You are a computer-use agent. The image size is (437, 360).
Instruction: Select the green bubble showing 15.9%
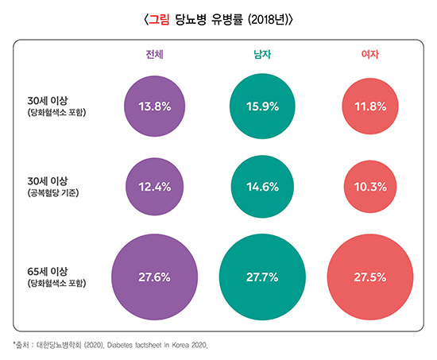click(262, 106)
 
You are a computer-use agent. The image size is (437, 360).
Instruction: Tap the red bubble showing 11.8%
click(369, 106)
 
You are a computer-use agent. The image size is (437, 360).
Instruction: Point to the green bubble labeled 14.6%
click(262, 187)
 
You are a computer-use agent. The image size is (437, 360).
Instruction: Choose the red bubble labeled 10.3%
click(369, 187)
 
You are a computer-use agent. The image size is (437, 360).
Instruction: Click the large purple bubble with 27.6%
click(154, 277)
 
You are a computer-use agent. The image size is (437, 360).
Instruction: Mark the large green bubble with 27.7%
click(262, 277)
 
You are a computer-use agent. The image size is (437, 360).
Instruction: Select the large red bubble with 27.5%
click(369, 277)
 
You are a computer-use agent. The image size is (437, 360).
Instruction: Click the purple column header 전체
click(155, 54)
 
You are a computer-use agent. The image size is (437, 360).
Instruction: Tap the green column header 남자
click(262, 54)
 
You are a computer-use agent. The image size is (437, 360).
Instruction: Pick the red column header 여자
click(369, 54)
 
